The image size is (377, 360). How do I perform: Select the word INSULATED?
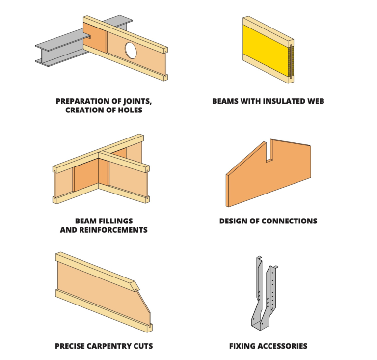(277, 101)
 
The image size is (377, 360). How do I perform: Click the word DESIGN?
(234, 221)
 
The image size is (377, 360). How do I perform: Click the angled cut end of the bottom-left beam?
(142, 305)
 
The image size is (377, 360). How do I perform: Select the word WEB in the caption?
(315, 101)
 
